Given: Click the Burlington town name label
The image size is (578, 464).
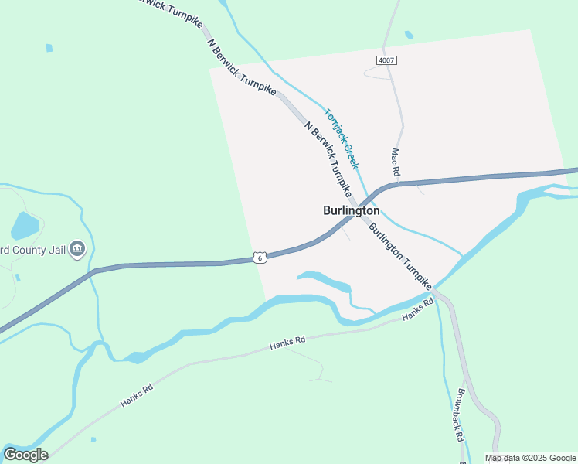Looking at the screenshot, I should click(351, 210).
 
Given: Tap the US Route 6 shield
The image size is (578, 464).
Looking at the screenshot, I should click(261, 258).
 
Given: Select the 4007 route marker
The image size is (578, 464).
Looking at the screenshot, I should click(386, 60).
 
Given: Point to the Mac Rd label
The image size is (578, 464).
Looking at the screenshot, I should click(395, 161).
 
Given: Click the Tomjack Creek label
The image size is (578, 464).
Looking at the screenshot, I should click(341, 138).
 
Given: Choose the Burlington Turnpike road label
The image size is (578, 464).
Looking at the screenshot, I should click(399, 257).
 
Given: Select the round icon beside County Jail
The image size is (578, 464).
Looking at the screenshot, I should click(77, 249).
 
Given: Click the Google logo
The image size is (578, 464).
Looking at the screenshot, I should click(25, 455).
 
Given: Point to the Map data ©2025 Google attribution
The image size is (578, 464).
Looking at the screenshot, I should click(530, 458).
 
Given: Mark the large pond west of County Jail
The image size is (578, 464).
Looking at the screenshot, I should click(25, 226).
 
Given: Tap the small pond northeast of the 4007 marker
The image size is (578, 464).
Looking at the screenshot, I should click(408, 35).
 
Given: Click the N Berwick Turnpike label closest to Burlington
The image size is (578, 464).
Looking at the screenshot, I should click(328, 159).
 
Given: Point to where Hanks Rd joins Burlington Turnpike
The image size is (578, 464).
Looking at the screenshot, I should click(434, 292).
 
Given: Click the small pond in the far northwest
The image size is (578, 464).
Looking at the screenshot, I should click(49, 48).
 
